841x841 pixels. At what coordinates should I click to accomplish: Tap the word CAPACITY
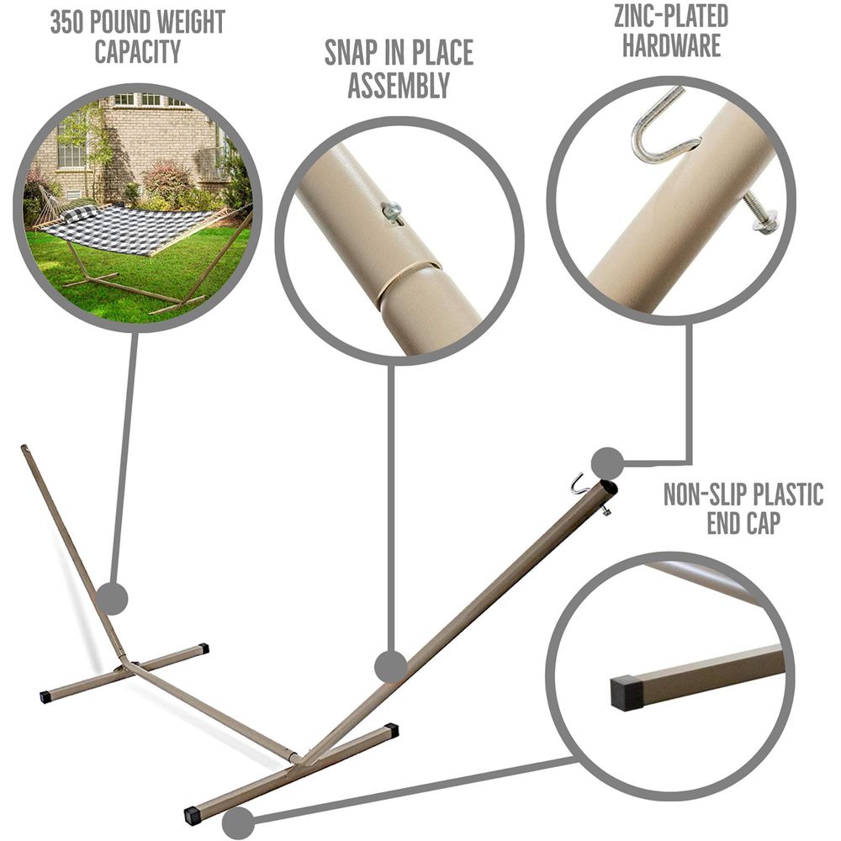pos(137,51)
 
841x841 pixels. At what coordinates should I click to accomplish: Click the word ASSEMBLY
pos(399,85)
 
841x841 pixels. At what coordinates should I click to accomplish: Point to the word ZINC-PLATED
pos(671,16)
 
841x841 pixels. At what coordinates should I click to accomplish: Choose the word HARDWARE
pos(671,45)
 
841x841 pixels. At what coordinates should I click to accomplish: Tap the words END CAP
pos(743,522)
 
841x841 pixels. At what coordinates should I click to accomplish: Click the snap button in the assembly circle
pos(392,212)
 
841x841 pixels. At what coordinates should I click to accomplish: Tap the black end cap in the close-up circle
pos(627,693)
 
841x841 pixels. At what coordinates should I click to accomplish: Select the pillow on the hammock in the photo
pos(79,213)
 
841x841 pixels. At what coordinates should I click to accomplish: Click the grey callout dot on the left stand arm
pos(112,598)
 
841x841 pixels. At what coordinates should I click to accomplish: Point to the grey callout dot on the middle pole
pos(390,667)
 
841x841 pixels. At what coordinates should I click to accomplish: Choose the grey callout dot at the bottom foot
pos(238,822)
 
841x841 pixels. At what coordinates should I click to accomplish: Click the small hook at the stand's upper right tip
pos(579,484)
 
